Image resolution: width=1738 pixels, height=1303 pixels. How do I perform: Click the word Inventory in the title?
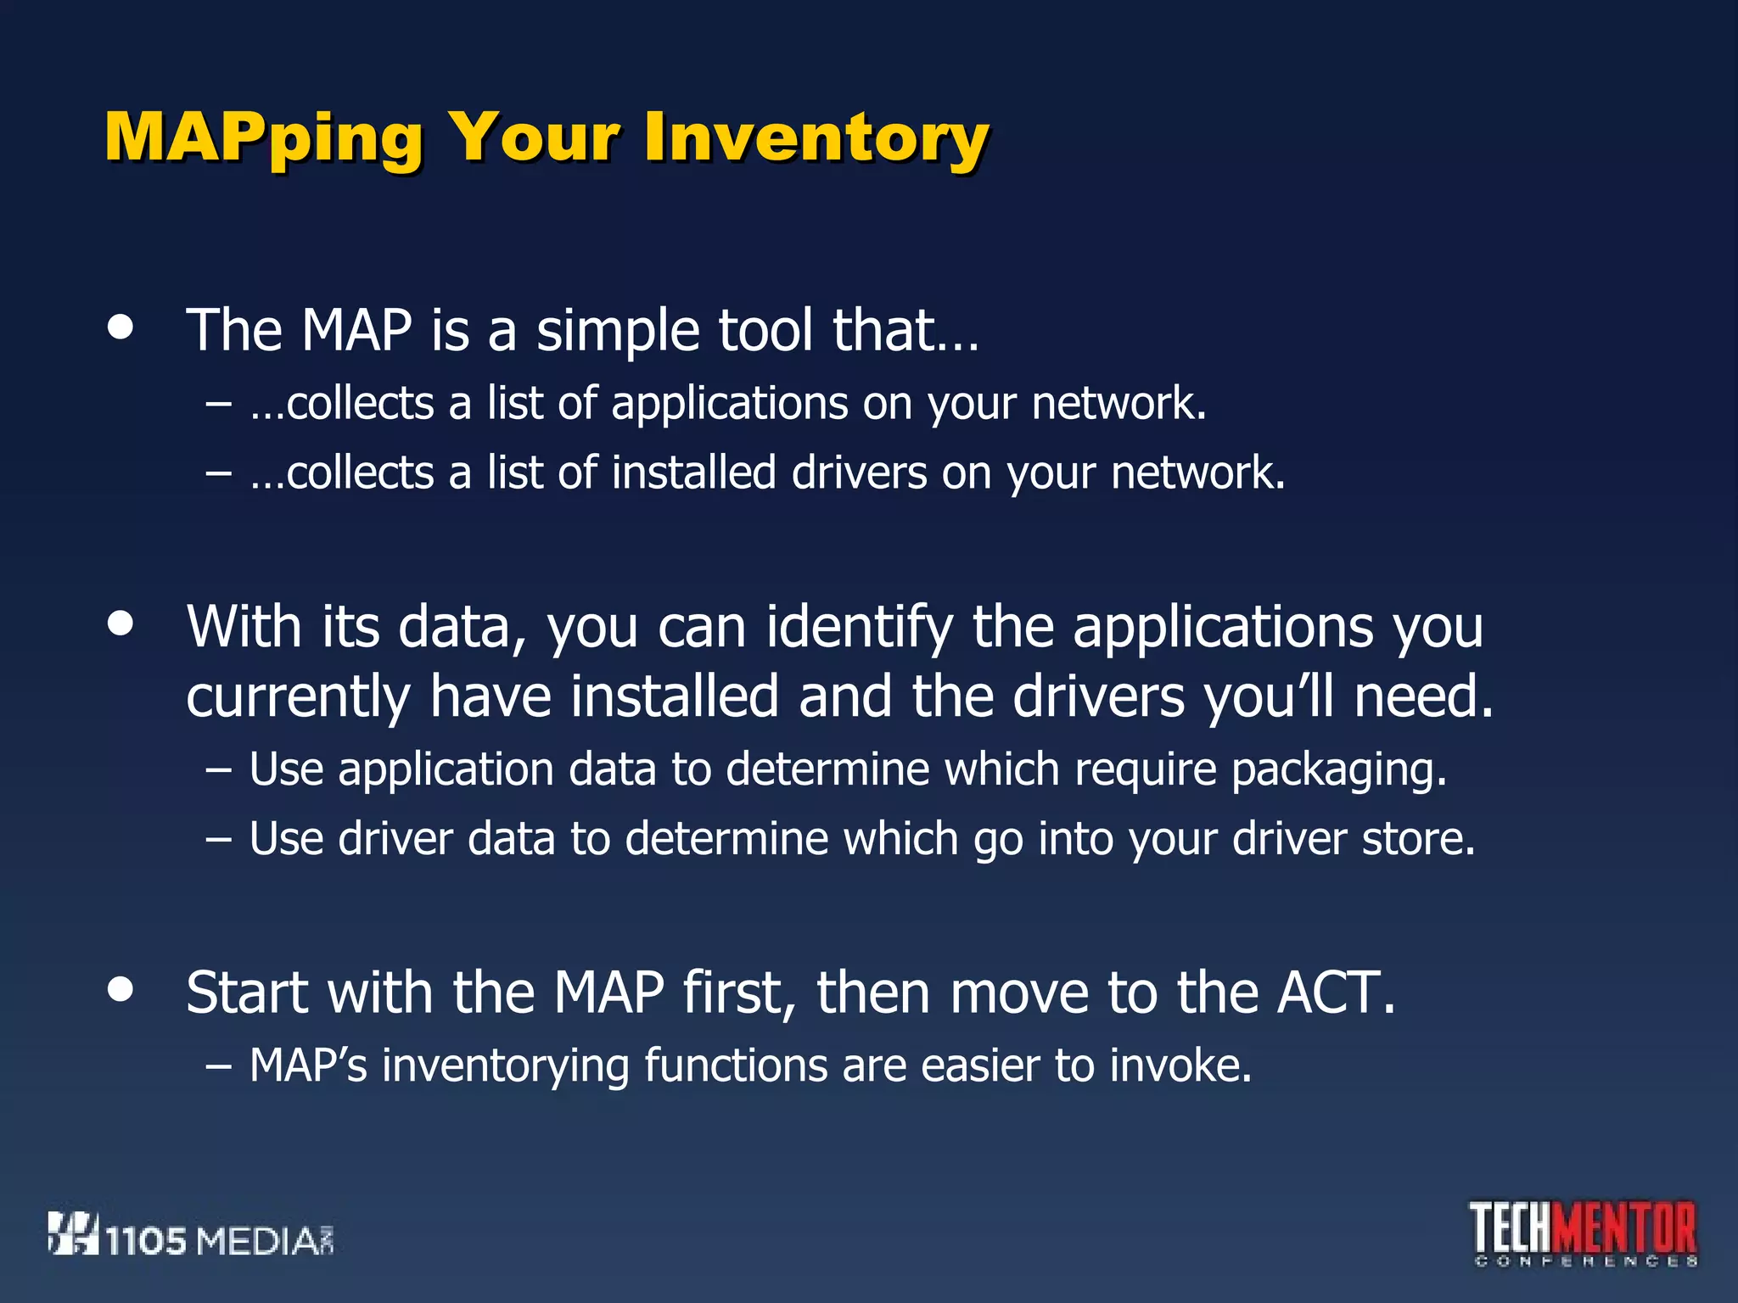click(816, 137)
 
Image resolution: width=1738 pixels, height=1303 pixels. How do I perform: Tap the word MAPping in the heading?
click(263, 137)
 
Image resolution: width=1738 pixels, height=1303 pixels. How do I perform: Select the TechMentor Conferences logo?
click(1584, 1232)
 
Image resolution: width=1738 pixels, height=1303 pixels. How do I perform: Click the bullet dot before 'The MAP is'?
click(121, 328)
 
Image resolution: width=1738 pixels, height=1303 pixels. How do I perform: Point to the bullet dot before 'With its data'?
click(121, 624)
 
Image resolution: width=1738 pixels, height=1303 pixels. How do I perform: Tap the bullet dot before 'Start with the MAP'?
click(121, 989)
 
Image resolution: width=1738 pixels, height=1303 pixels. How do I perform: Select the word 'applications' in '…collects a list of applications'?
click(730, 404)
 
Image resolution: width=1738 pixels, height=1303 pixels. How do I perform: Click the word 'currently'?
click(298, 697)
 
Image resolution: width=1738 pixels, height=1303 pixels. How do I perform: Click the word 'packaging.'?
click(1338, 770)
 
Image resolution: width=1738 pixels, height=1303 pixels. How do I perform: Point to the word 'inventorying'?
click(506, 1066)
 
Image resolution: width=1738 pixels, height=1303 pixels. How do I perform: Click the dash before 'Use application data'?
click(218, 769)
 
